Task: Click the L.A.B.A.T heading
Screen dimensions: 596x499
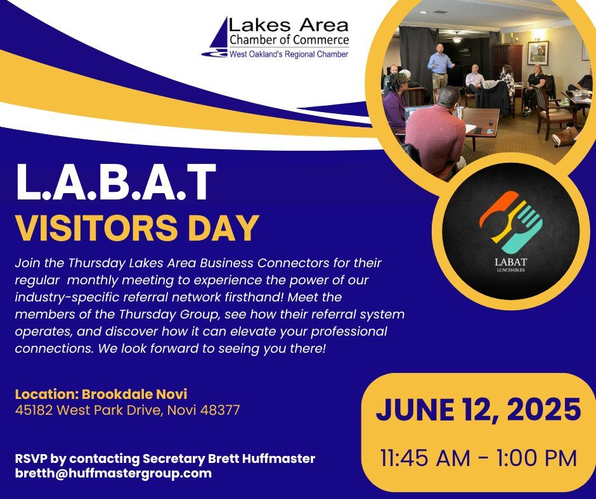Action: click(116, 182)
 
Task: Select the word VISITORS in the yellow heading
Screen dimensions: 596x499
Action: click(96, 228)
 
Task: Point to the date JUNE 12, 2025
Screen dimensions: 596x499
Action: click(478, 410)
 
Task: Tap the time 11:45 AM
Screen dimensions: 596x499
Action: click(425, 458)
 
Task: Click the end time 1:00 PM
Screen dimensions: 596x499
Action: click(536, 458)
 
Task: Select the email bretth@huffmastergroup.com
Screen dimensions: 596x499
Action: click(113, 474)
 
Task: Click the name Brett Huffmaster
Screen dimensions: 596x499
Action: click(262, 458)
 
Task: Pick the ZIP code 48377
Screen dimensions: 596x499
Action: click(220, 410)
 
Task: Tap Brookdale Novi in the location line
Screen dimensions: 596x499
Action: click(134, 394)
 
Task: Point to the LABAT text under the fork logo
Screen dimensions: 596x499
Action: click(511, 262)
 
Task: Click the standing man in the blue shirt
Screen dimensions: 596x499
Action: click(440, 68)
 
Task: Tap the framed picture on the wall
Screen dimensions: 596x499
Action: click(538, 53)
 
